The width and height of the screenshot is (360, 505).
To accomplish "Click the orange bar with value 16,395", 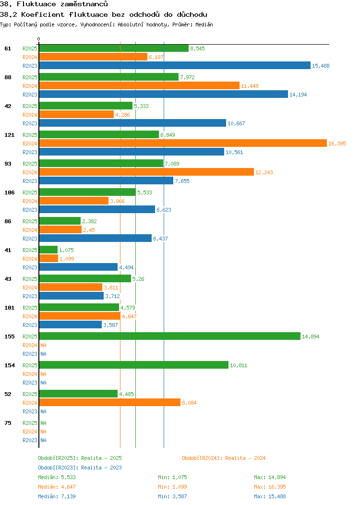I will [182, 144].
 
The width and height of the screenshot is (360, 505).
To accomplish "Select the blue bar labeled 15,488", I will [175, 66].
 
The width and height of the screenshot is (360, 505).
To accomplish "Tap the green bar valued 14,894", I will [169, 337].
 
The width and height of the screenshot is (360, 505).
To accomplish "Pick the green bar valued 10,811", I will [133, 365].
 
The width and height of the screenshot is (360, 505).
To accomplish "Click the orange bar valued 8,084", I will [109, 403].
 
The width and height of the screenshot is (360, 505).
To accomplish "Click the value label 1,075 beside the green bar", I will [66, 250].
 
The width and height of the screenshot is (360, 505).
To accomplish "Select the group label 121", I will [9, 135].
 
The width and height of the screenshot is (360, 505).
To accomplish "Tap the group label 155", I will [9, 337].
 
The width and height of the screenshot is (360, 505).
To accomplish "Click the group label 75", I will [8, 423].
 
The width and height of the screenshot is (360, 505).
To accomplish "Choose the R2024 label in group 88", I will [30, 86].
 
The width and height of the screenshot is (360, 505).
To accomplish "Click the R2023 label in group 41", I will [30, 267].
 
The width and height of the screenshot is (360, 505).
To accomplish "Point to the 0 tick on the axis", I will [39, 39].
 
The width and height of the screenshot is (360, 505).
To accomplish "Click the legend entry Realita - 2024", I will [224, 458].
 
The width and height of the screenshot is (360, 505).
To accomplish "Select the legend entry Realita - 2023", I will [80, 468].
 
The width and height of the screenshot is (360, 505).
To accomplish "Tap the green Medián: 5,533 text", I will [57, 477].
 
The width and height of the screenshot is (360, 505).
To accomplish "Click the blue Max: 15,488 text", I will [270, 496].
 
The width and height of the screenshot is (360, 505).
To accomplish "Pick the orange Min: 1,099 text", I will [172, 487].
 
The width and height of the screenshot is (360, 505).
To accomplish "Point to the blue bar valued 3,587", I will [70, 325].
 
